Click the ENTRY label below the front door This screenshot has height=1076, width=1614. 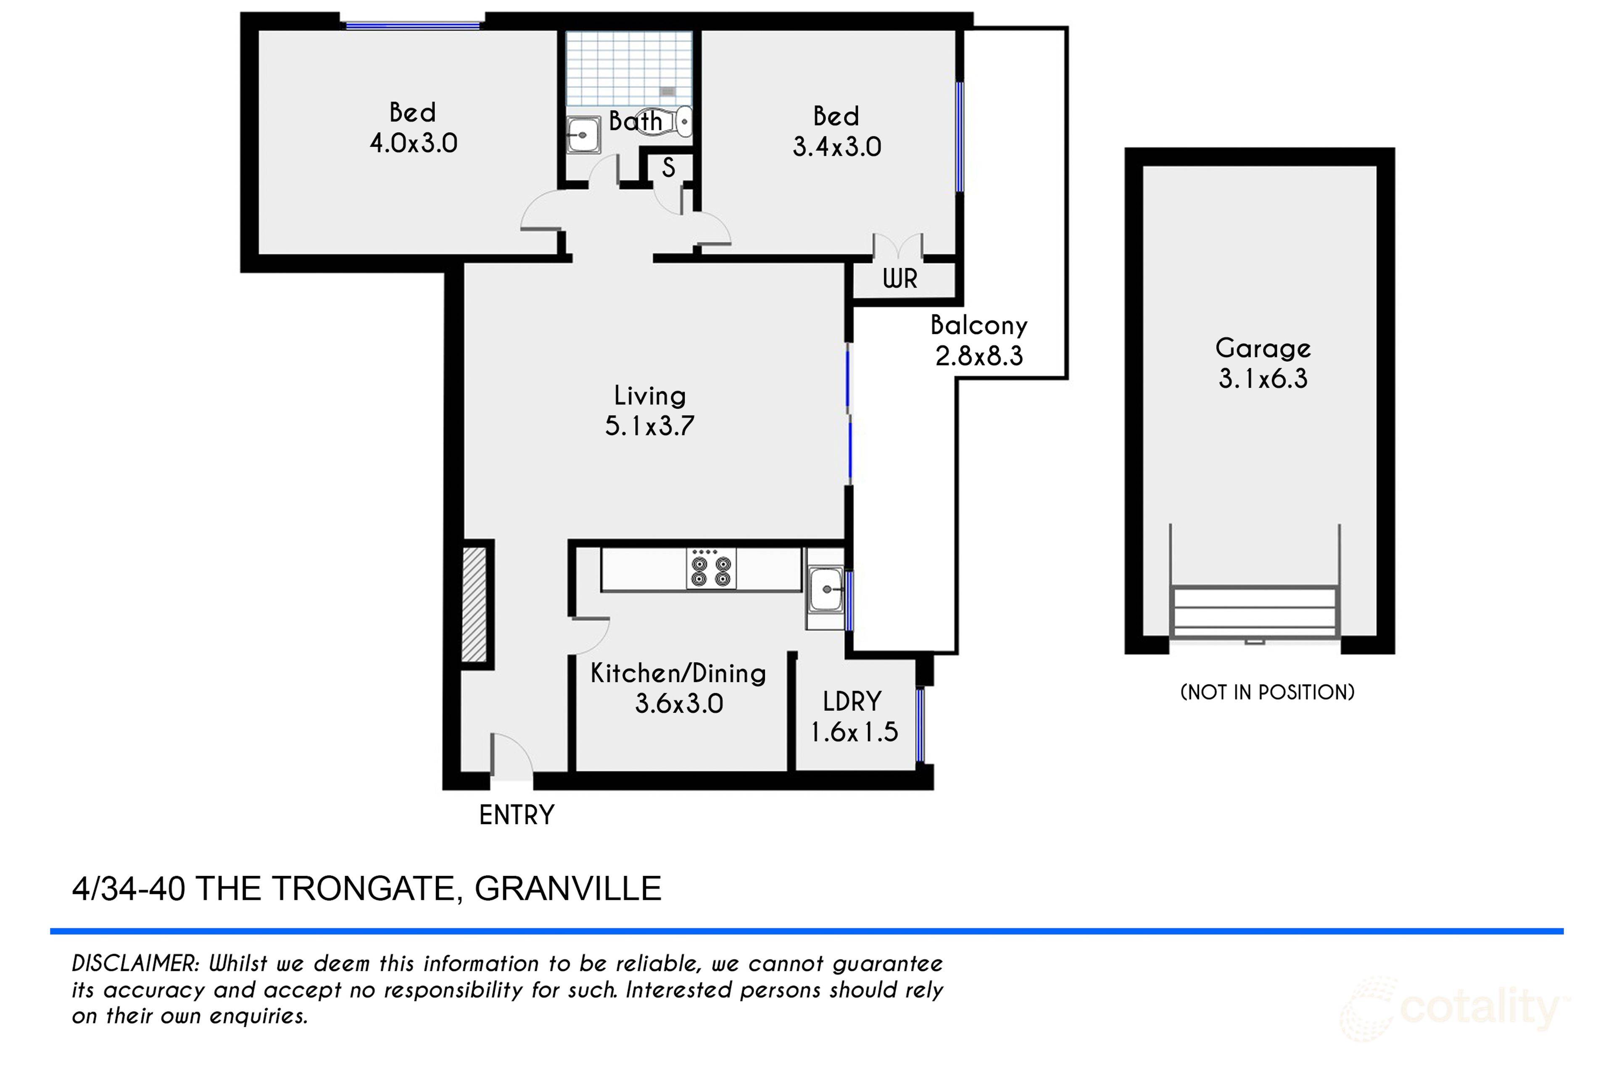tap(516, 815)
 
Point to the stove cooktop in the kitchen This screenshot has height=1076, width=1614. tap(711, 569)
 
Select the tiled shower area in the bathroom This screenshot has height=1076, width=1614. tap(629, 69)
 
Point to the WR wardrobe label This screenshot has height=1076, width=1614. tap(899, 279)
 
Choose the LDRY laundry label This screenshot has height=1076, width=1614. tap(852, 702)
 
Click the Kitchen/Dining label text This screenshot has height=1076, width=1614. tap(678, 673)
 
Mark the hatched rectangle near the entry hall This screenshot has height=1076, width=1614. tap(474, 604)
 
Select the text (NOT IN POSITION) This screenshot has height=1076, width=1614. tap(1267, 692)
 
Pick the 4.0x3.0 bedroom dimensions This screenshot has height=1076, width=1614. tap(413, 143)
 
